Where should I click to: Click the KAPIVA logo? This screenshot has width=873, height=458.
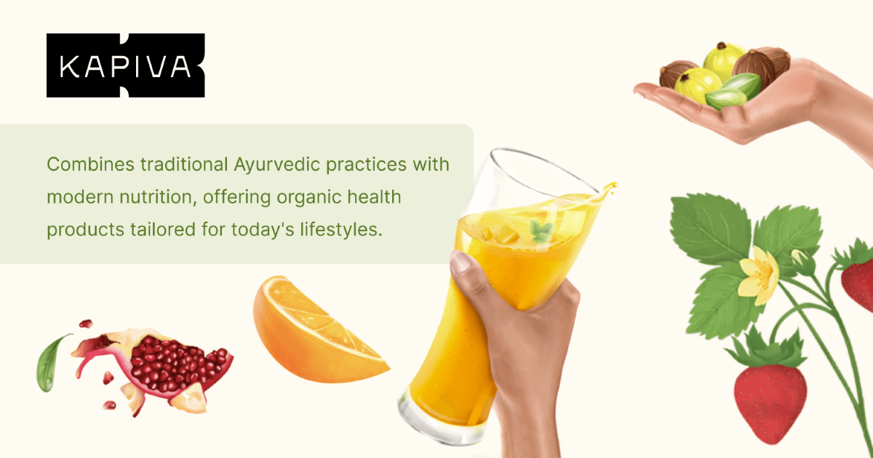click(125, 65)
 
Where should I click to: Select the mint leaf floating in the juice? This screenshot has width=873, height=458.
click(541, 232)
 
